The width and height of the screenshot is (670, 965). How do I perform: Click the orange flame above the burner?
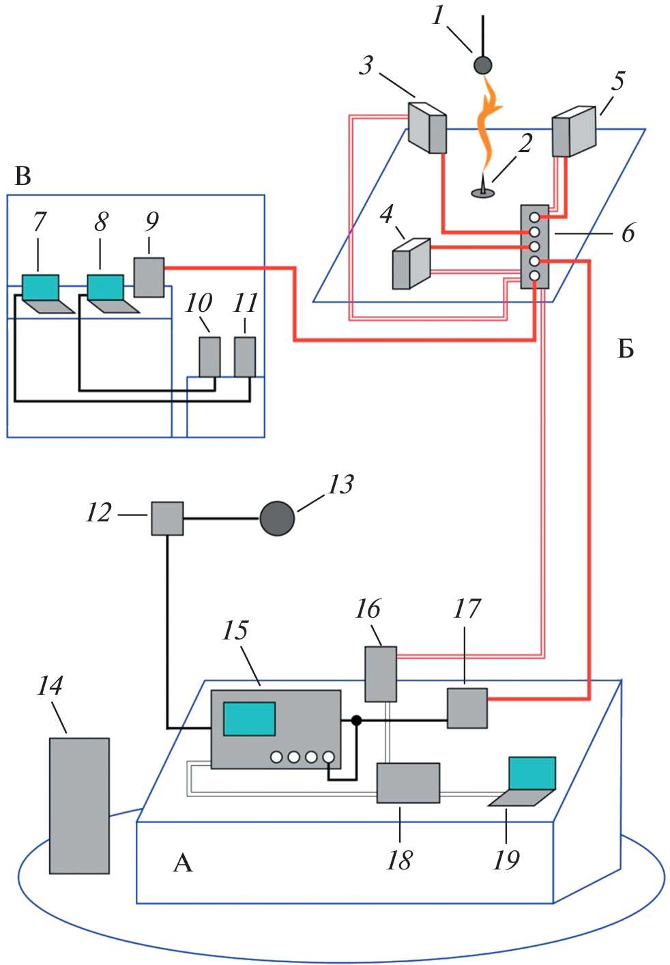pyautogui.click(x=489, y=126)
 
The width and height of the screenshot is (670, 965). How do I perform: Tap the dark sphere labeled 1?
pyautogui.click(x=483, y=66)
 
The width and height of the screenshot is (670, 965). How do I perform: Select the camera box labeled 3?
pyautogui.click(x=428, y=128)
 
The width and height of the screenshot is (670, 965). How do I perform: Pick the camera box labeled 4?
pyautogui.click(x=411, y=264)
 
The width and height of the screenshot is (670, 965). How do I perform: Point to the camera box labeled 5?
pyautogui.click(x=573, y=132)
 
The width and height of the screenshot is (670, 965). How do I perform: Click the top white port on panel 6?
pyautogui.click(x=534, y=217)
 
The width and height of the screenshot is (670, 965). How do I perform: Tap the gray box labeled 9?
pyautogui.click(x=149, y=277)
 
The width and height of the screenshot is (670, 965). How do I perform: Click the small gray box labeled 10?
pyautogui.click(x=209, y=356)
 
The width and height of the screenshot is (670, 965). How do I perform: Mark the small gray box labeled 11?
pyautogui.click(x=245, y=356)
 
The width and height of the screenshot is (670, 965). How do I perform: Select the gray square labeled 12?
pyautogui.click(x=167, y=519)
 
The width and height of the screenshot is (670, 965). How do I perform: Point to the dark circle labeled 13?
pyautogui.click(x=277, y=519)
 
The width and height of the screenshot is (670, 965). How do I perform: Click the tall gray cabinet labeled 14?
pyautogui.click(x=79, y=805)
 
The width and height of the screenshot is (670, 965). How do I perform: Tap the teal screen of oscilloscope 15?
pyautogui.click(x=250, y=719)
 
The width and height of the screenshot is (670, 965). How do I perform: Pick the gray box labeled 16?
pyautogui.click(x=381, y=674)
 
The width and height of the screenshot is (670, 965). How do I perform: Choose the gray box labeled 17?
pyautogui.click(x=467, y=708)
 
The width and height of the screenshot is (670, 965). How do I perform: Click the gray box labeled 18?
pyautogui.click(x=408, y=783)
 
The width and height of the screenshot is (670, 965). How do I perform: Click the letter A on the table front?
pyautogui.click(x=183, y=863)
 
